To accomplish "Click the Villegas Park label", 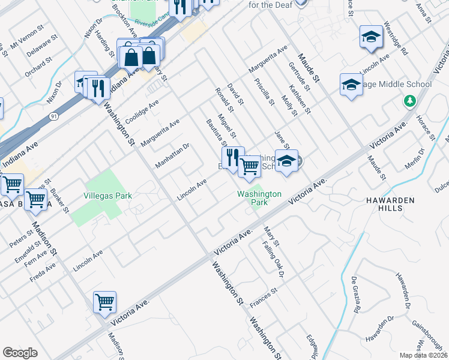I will click(x=108, y=196).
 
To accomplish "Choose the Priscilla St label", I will click(x=264, y=92).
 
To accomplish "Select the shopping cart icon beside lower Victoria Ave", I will click(x=104, y=302).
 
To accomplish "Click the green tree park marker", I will click(x=411, y=101).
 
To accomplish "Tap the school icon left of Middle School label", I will click(x=351, y=85).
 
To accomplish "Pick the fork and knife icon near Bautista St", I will click(x=233, y=158).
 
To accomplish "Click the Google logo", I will click(x=20, y=353).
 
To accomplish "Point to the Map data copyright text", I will click(x=423, y=355).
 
